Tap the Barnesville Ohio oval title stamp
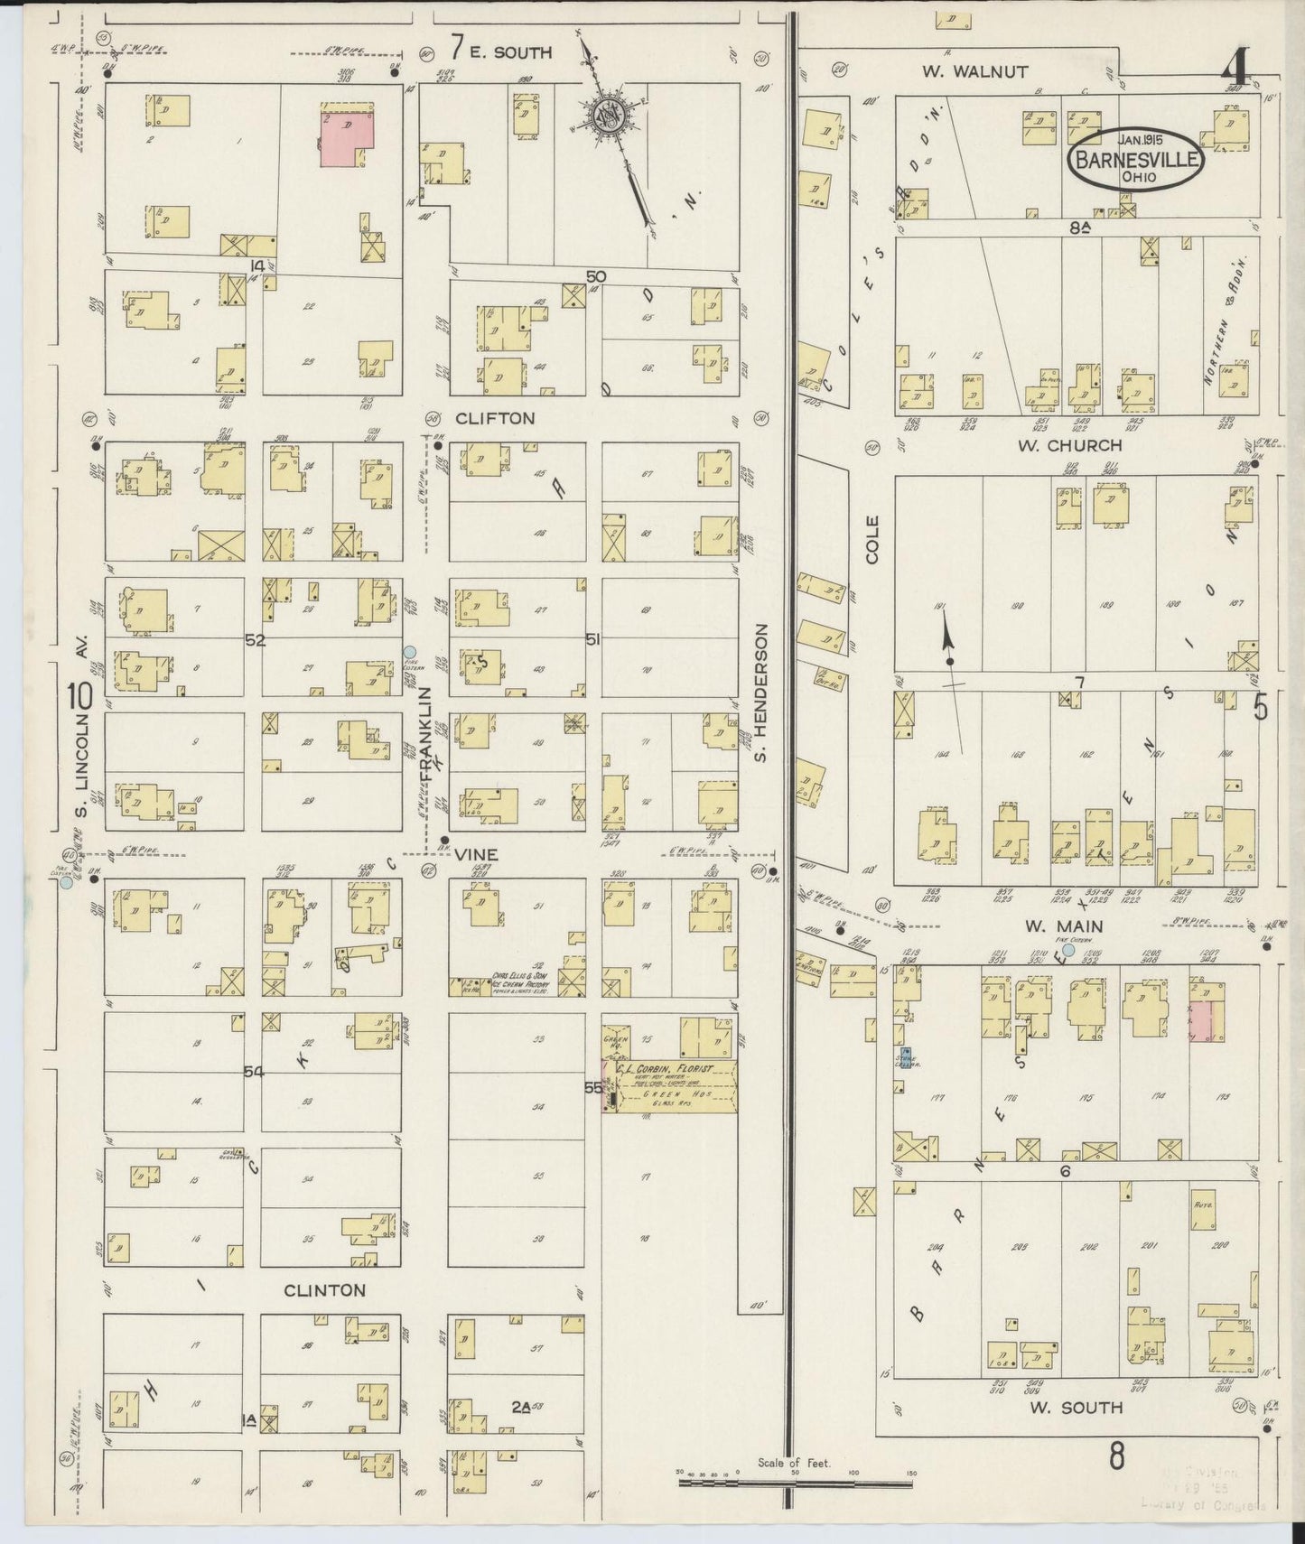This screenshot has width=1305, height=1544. [1136, 160]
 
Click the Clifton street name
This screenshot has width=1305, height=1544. [495, 418]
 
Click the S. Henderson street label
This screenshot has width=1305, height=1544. [761, 692]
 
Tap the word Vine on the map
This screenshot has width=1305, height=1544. [475, 854]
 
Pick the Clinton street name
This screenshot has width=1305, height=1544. [324, 1290]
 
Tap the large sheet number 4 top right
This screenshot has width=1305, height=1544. [1236, 66]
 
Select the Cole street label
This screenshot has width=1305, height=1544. [872, 540]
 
